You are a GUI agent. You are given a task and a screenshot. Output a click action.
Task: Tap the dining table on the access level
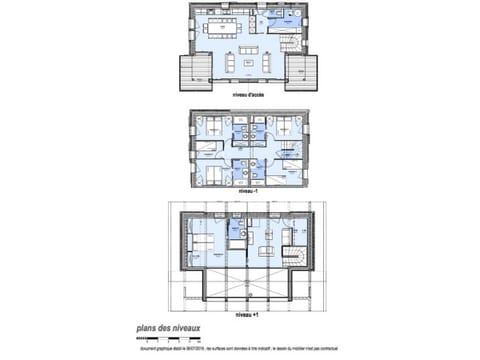[x=231, y=27]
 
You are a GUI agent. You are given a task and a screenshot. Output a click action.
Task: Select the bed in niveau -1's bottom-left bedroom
[x=209, y=171]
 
